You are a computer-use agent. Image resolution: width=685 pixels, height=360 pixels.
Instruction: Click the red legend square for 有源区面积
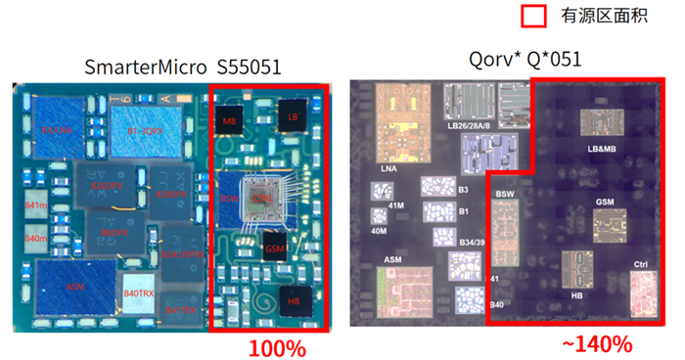[533, 17]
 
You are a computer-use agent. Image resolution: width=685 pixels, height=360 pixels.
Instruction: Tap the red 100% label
[277, 347]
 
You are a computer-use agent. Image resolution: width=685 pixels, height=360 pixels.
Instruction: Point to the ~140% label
[602, 344]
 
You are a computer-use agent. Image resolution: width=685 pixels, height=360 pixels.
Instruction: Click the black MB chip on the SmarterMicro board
[231, 120]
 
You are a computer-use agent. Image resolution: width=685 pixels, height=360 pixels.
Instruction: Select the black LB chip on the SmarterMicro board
[293, 114]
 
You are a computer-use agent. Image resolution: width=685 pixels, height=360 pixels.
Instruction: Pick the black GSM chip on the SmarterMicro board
[276, 247]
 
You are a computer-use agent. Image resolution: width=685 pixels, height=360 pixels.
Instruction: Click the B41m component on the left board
[36, 206]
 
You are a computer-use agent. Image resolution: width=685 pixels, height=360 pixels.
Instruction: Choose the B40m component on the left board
[36, 240]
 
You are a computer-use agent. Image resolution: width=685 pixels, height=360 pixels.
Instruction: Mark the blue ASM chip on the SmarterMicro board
[74, 287]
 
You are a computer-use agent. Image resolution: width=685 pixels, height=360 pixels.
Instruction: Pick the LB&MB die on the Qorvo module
[602, 123]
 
